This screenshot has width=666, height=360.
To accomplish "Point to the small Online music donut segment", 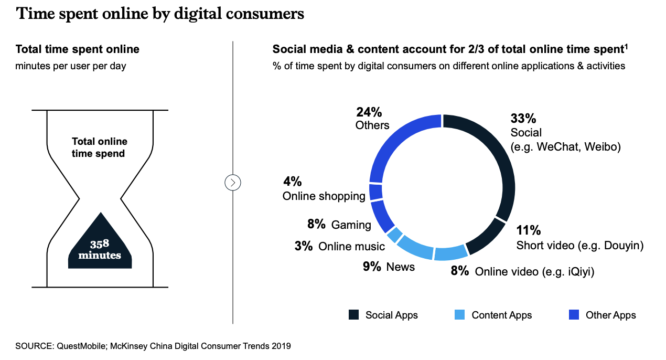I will coord(394,234).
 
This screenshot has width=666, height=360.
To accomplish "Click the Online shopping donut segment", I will coord(375,192).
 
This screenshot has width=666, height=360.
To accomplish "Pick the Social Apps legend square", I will coord(354,315).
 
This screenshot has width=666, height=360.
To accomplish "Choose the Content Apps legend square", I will coord(460,315).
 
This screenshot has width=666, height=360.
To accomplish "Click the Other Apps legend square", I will coord(574,315).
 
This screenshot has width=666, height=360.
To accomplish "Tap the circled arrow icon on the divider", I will coord(232,183).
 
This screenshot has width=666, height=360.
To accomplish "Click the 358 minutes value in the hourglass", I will coord(100,250).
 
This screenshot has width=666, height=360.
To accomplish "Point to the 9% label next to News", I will coord(372,267).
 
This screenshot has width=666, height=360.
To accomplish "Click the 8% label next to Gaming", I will coord(317,225).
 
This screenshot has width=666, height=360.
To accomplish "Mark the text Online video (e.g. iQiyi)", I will coord(534,271).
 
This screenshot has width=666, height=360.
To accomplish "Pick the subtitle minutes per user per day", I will coord(71,66).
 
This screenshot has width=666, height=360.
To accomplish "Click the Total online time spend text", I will coord(100,147).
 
